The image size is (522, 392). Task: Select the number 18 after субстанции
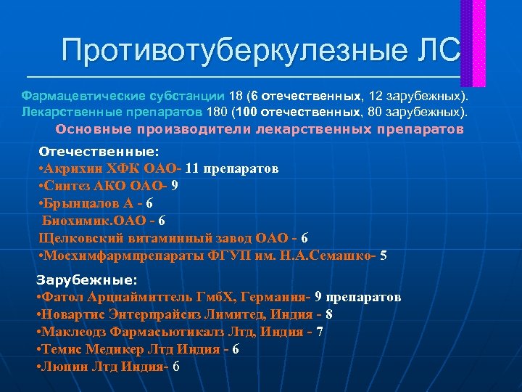point(236,96)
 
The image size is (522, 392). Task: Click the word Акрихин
point(68,169)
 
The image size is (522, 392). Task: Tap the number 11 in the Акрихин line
point(193,169)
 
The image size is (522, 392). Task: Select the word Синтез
point(65,187)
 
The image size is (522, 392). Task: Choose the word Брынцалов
point(76,204)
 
